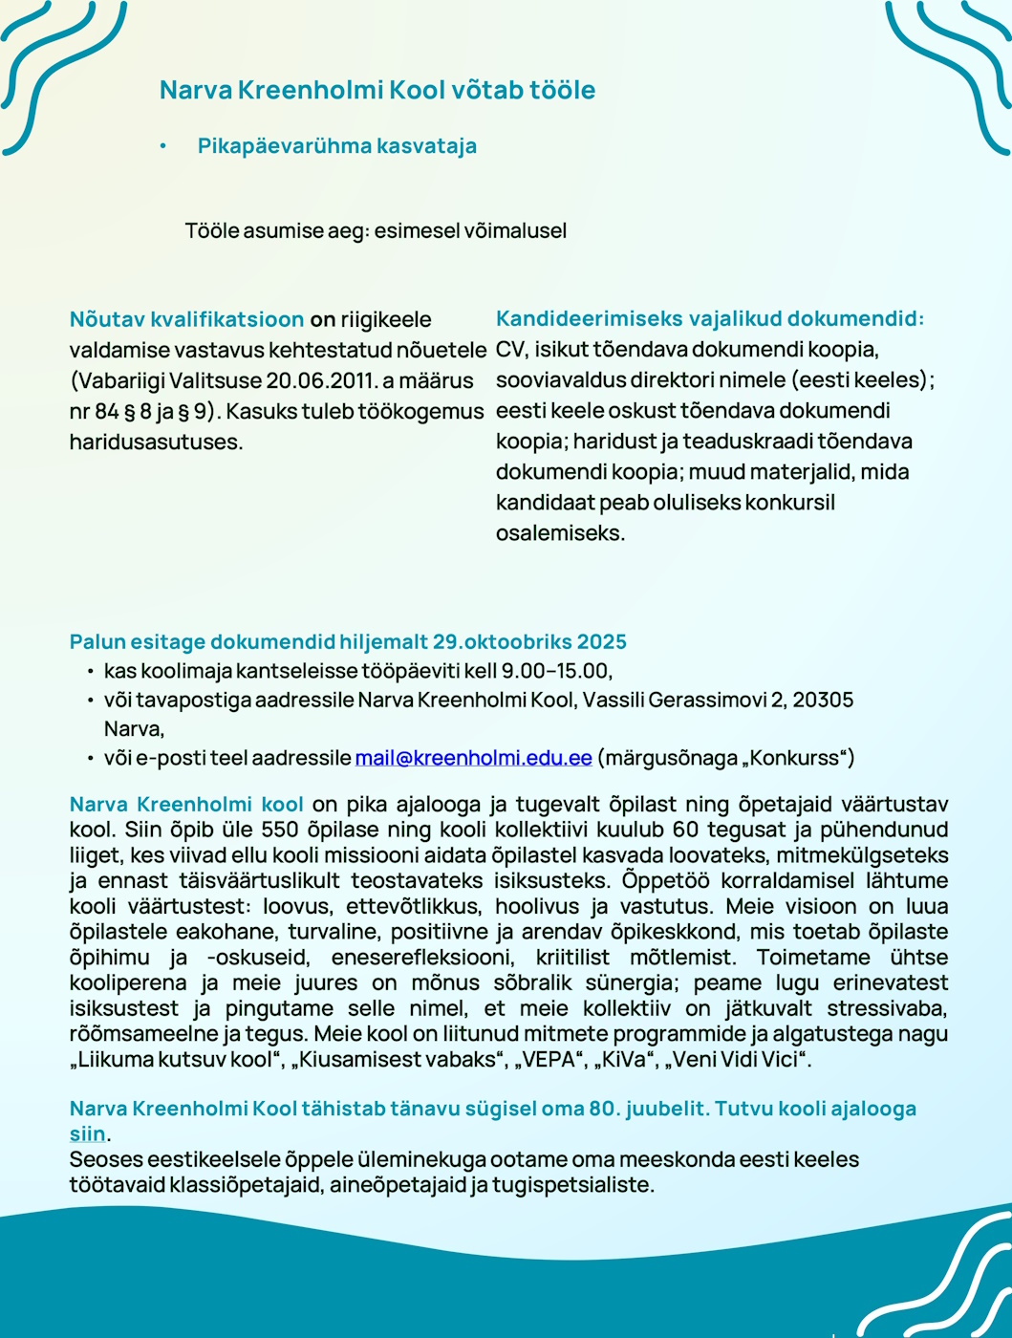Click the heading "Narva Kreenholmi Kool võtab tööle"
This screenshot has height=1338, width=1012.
tap(377, 91)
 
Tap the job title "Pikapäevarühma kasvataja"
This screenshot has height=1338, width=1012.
tap(336, 146)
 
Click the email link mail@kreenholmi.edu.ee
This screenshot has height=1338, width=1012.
tap(473, 758)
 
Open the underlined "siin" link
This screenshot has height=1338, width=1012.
tap(87, 1134)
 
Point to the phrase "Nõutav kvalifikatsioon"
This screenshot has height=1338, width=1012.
tap(186, 319)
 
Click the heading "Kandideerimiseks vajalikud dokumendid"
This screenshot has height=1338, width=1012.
tap(709, 319)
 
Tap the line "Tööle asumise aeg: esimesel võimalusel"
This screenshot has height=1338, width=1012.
tap(376, 230)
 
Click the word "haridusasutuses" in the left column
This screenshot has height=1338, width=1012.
tap(156, 442)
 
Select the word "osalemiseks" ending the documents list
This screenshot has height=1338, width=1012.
tap(560, 533)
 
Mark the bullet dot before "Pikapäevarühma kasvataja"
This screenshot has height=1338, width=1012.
tap(163, 146)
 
